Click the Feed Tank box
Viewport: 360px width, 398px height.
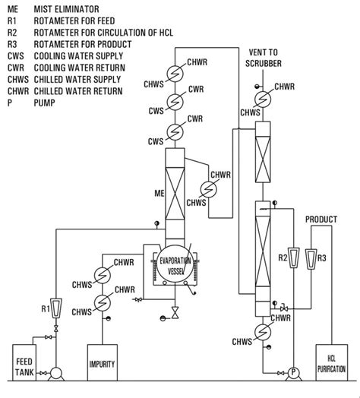coord(28,358)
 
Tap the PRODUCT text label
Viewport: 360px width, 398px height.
coord(321,220)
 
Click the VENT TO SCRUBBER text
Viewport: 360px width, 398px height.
coord(269,58)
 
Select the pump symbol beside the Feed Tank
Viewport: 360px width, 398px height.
coord(55,372)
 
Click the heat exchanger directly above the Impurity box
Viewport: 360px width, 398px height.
coord(100,303)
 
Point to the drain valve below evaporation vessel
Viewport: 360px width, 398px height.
coord(175,312)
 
